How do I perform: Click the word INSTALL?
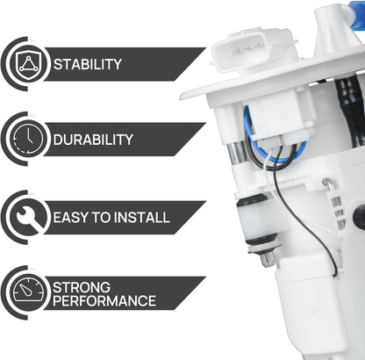click(142, 217)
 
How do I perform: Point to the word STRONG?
click(82, 286)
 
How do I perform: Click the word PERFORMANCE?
click(104, 301)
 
